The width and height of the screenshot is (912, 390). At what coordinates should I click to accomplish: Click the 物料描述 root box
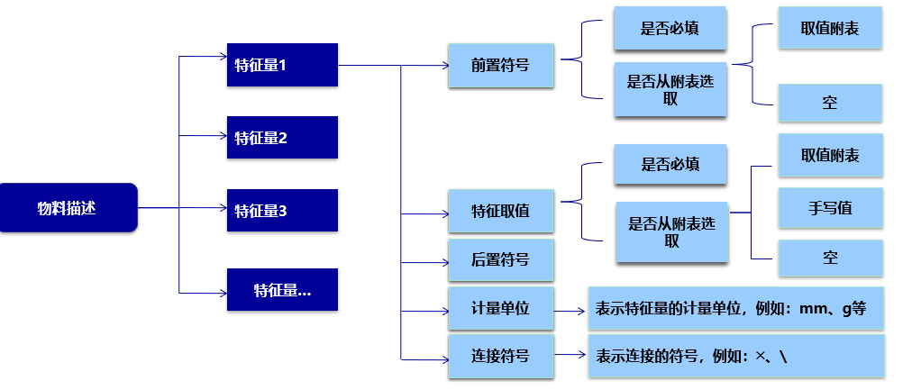pyautogui.click(x=68, y=208)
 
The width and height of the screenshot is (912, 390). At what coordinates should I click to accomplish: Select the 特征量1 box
pyautogui.click(x=282, y=65)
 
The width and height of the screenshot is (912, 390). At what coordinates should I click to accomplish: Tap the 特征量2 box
pyautogui.click(x=282, y=138)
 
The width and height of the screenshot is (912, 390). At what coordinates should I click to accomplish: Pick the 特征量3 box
pyautogui.click(x=282, y=211)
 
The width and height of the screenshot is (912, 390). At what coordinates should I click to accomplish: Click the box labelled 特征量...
pyautogui.click(x=282, y=289)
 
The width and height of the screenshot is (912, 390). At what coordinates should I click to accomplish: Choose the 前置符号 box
pyautogui.click(x=500, y=66)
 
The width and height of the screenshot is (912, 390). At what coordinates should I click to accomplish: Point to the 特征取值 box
pyautogui.click(x=500, y=212)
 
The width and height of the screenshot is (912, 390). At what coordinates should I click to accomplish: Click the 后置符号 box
pyautogui.click(x=500, y=260)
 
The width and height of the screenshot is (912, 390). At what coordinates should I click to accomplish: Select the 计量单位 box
pyautogui.click(x=500, y=309)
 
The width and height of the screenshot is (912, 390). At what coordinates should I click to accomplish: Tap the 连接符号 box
pyautogui.click(x=500, y=356)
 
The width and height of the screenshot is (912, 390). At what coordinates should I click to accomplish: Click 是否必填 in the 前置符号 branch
pyautogui.click(x=670, y=29)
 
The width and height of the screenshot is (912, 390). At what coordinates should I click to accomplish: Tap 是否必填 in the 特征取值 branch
pyautogui.click(x=670, y=165)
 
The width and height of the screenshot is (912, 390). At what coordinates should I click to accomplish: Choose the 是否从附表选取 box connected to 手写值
pyautogui.click(x=671, y=232)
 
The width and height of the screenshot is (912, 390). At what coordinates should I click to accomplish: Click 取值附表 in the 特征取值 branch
pyautogui.click(x=829, y=155)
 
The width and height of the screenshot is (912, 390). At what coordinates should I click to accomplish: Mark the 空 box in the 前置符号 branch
pyautogui.click(x=829, y=103)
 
